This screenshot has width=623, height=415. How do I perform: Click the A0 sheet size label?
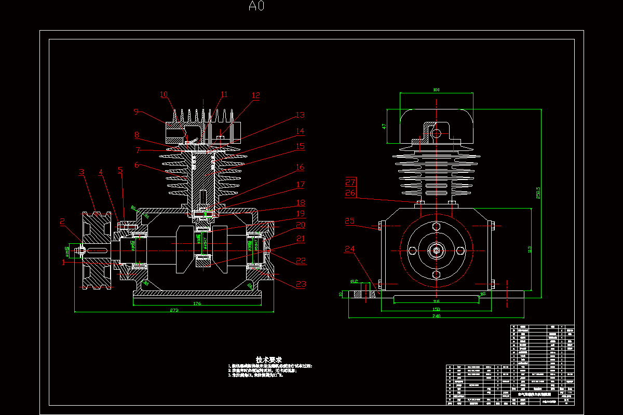click(x=256, y=6)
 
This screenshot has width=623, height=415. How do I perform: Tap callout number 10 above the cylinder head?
click(x=164, y=94)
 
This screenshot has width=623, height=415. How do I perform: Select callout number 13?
click(x=300, y=115)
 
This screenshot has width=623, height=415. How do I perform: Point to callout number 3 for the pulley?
click(x=82, y=172)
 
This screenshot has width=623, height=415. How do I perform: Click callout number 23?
click(x=301, y=284)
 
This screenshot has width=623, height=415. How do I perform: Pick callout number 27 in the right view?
click(x=350, y=182)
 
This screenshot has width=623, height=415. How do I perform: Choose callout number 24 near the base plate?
click(x=350, y=249)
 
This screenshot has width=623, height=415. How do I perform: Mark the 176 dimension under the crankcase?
click(x=197, y=303)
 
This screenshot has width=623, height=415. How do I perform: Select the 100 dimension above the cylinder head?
click(x=436, y=90)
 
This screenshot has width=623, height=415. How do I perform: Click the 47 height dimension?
click(x=384, y=126)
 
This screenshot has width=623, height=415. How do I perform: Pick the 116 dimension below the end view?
click(x=436, y=301)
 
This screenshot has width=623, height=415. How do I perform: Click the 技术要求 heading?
click(x=269, y=359)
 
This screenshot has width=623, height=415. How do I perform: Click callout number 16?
click(x=300, y=167)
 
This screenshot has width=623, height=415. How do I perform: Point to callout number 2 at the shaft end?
click(x=62, y=222)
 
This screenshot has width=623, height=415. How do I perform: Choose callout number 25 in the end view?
click(x=350, y=221)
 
